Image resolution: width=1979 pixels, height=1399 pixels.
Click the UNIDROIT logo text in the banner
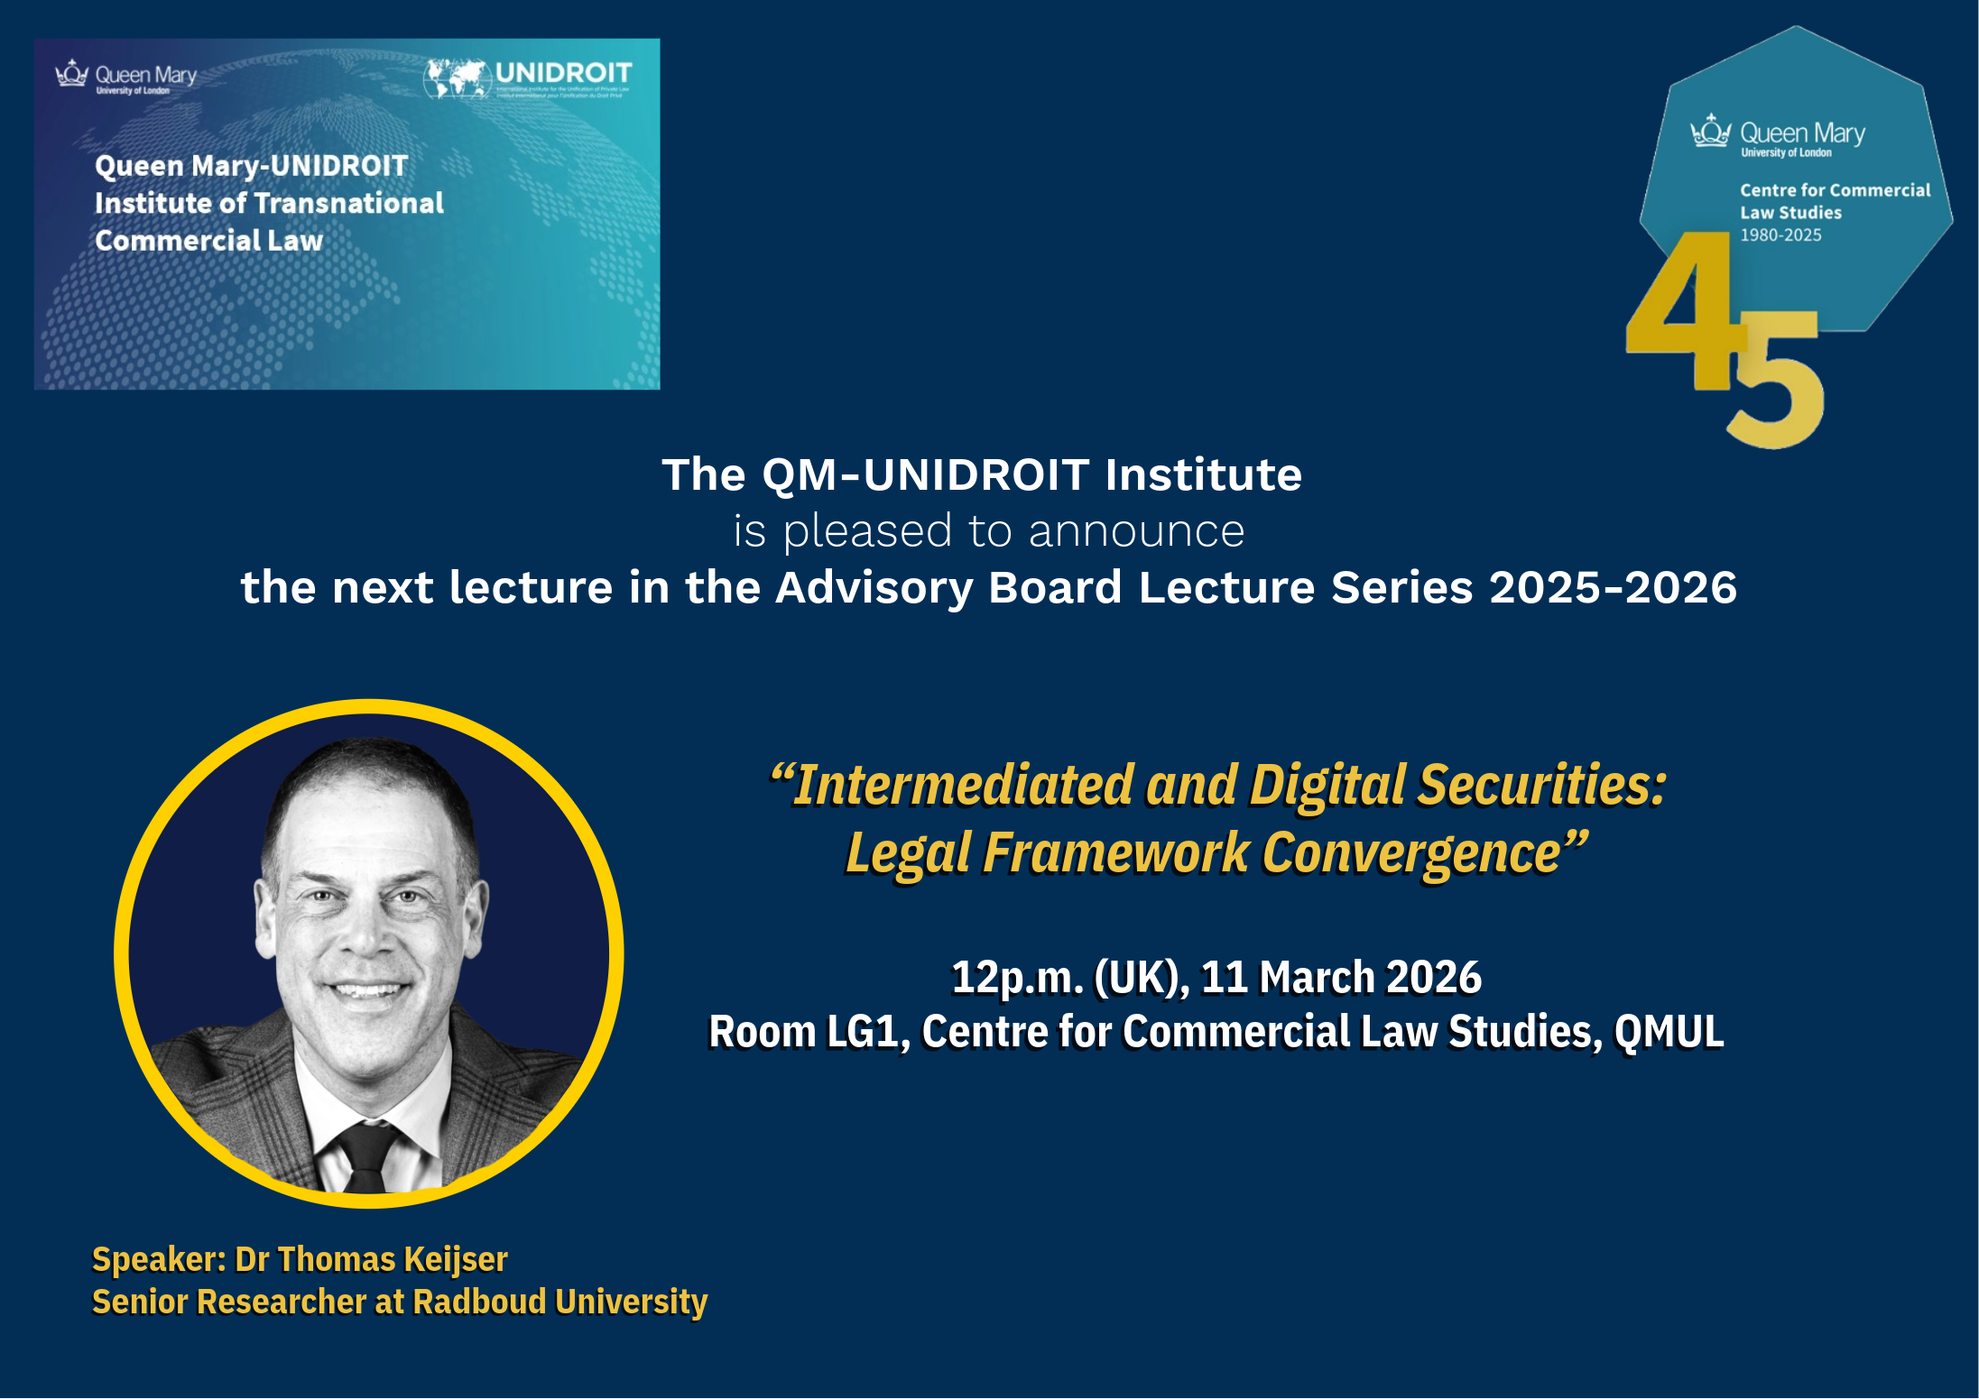click(563, 73)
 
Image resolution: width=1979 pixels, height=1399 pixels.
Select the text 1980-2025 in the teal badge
click(1780, 235)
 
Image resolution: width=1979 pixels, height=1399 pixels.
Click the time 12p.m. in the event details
click(1017, 978)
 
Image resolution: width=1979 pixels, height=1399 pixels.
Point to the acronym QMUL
click(1669, 1032)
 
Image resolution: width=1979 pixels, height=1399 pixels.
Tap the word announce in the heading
click(1136, 531)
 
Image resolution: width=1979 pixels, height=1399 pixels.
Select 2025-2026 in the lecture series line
click(1613, 588)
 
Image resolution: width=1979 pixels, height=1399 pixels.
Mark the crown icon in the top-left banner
click(71, 74)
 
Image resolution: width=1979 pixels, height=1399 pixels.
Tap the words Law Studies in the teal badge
click(1790, 213)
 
